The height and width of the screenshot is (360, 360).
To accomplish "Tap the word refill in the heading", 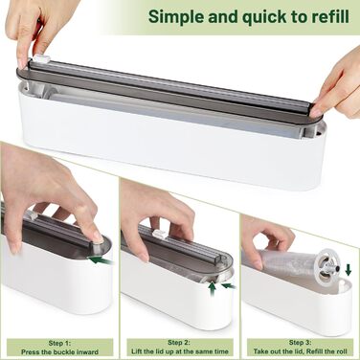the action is [x=330, y=16].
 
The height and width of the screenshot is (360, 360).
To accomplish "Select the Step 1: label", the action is [x=59, y=344].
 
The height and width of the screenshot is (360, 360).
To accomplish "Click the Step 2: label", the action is [x=179, y=343].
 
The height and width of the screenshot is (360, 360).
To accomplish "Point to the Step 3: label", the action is [x=301, y=343].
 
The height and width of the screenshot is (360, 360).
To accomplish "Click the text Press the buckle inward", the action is [x=59, y=352].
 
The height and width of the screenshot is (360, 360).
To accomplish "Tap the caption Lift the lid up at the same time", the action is [x=180, y=351].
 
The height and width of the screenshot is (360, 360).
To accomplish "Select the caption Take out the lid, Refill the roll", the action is [x=301, y=351].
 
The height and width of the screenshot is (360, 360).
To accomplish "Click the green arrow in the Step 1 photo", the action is [x=101, y=260].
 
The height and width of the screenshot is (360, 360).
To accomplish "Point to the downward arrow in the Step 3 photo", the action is [x=349, y=270].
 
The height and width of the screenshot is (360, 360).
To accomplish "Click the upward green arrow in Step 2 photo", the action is [x=213, y=289].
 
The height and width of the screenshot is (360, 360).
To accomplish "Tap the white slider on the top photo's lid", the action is [x=42, y=58].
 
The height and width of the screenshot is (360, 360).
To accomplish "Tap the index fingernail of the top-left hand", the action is [x=21, y=63].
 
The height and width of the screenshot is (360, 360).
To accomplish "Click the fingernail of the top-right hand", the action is [x=316, y=112].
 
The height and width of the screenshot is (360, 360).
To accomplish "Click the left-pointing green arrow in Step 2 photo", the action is [x=229, y=286].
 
